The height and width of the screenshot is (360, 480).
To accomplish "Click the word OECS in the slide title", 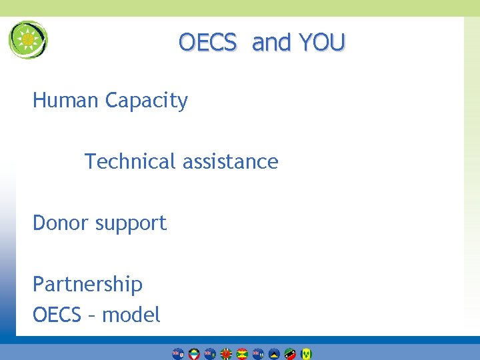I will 207,43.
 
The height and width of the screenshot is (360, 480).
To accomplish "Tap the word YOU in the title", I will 322,43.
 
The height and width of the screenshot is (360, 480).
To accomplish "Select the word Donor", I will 61,223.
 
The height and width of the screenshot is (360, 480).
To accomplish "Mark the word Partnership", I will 87,285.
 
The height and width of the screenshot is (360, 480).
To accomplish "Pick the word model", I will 131,315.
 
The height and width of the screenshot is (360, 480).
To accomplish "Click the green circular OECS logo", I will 28,40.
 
